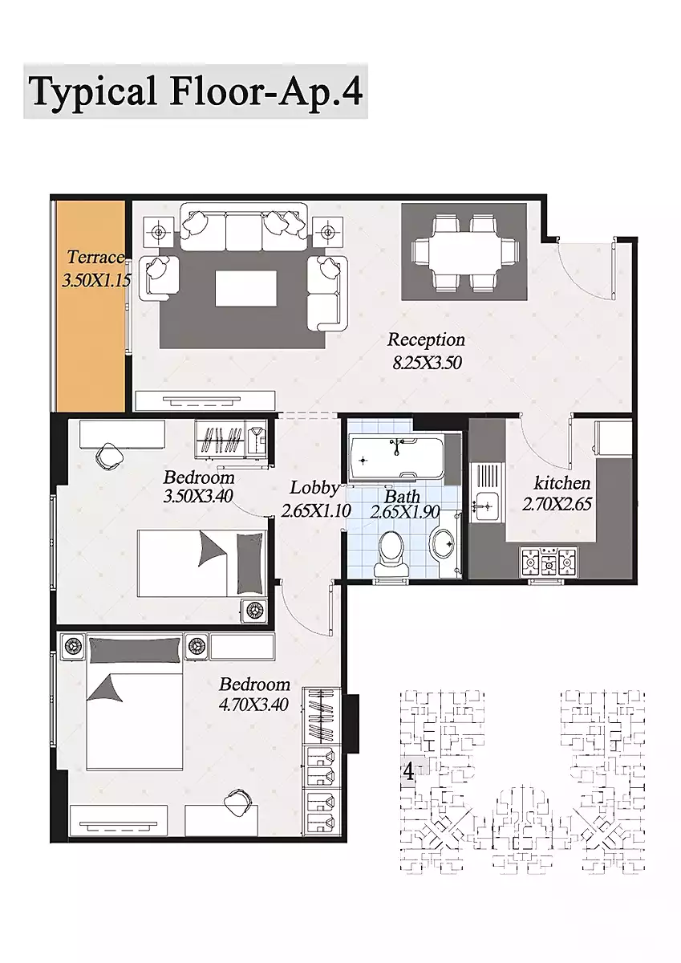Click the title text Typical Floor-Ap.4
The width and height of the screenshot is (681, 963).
(x=196, y=92)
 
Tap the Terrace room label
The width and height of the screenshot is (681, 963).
(x=95, y=257)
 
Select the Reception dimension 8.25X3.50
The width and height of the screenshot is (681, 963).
(x=427, y=363)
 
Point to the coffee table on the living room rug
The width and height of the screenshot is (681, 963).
(x=245, y=288)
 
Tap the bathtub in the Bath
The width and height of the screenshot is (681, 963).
(x=396, y=457)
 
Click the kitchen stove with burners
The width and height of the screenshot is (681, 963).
(x=549, y=562)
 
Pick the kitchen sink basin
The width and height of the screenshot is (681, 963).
(x=484, y=507)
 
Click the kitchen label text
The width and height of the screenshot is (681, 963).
(x=562, y=484)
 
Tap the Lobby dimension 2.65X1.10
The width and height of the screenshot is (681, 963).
(x=316, y=510)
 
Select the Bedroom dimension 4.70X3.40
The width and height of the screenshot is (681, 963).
(x=253, y=705)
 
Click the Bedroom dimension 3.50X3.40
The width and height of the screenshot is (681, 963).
(x=198, y=496)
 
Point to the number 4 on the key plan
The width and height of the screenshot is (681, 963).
(x=408, y=773)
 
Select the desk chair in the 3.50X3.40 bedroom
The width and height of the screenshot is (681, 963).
(x=108, y=457)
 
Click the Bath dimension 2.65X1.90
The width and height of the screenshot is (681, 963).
(x=405, y=513)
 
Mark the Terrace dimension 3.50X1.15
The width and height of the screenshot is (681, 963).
(x=96, y=281)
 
